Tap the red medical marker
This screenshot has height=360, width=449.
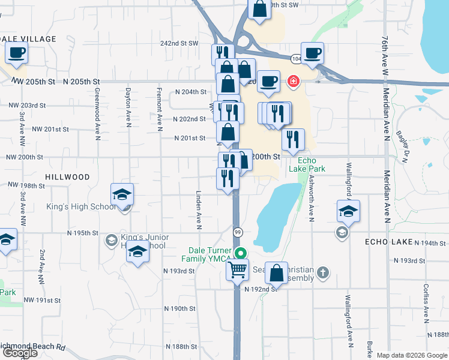[x=294, y=81]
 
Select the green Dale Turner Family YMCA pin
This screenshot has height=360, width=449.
[x=241, y=254]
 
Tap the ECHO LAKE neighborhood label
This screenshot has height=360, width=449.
[x=388, y=242]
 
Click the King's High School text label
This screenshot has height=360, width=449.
[x=81, y=207]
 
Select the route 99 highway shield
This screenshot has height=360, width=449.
[x=238, y=232]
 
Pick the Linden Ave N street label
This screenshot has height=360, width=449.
[x=198, y=210]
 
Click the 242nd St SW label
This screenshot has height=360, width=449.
[x=178, y=43]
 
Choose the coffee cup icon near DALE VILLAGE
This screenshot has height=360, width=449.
[x=17, y=52]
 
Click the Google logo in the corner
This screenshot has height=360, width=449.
[x=20, y=353]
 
